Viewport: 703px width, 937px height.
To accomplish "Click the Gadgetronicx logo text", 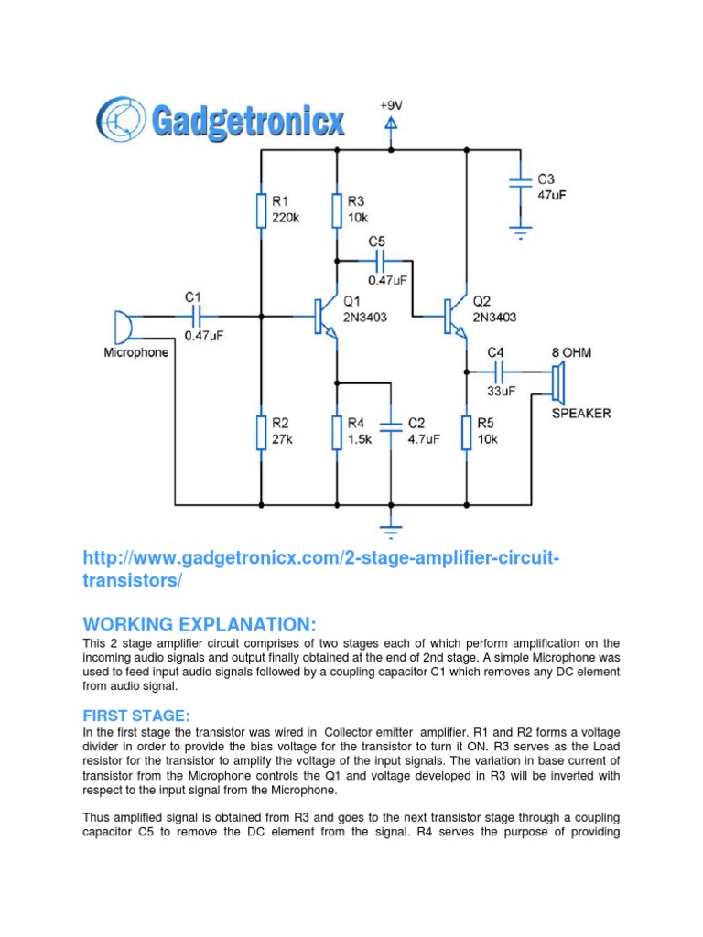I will [x=247, y=121].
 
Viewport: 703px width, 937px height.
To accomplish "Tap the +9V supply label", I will [x=392, y=106].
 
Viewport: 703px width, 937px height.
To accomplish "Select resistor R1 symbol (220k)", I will [x=261, y=210].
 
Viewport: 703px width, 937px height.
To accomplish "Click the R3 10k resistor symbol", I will [x=337, y=210].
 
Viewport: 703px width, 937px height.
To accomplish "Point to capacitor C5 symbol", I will [x=376, y=260].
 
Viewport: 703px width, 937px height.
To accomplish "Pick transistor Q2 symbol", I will [x=456, y=316].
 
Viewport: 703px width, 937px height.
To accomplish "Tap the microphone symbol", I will [x=120, y=326].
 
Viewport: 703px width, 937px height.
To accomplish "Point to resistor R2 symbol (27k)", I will [x=261, y=432].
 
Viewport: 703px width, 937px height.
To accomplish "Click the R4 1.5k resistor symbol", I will [x=337, y=432].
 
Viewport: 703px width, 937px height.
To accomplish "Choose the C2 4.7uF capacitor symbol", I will [x=391, y=426].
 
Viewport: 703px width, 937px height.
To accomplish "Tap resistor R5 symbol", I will [x=467, y=432].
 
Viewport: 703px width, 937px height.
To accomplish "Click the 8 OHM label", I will [x=570, y=351].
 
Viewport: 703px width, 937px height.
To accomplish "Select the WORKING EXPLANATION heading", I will [x=199, y=624].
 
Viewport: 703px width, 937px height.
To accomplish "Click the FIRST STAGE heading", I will [x=138, y=714].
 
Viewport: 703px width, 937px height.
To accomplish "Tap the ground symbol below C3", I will [x=520, y=233].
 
